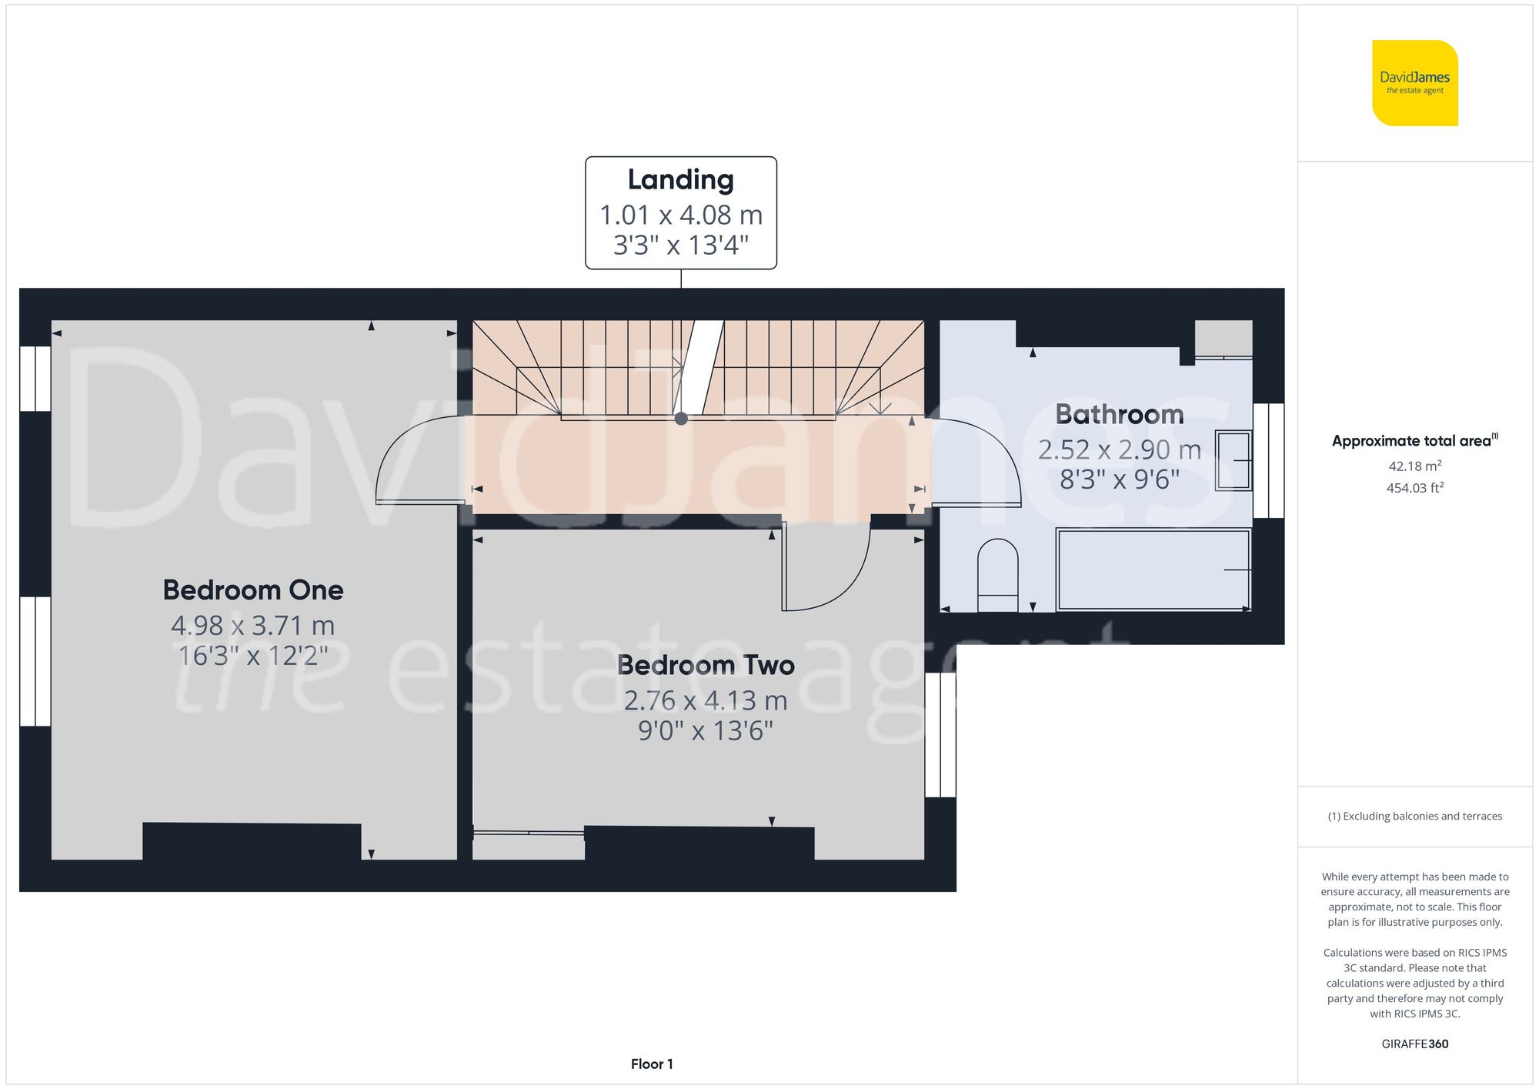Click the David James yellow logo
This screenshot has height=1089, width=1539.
[x=1414, y=83]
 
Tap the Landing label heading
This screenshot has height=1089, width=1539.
[x=680, y=180]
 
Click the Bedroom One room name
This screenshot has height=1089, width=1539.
[x=253, y=590]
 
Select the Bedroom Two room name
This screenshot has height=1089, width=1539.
[x=705, y=665]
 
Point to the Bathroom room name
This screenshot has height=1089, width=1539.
[x=1119, y=414]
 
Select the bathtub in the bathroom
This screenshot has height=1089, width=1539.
[x=1152, y=570]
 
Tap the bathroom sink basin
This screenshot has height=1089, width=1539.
[x=1232, y=460]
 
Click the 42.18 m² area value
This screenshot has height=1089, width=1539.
[x=1414, y=466]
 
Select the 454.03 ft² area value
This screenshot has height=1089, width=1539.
[x=1414, y=488]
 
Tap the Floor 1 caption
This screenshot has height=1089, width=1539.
[x=651, y=1064]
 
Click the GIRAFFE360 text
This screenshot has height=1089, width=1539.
[x=1414, y=1044]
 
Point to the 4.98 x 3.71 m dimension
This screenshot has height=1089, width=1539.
[x=253, y=626]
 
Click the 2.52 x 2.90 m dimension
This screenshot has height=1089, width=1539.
[x=1119, y=449]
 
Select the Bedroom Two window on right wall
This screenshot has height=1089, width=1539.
[x=940, y=735]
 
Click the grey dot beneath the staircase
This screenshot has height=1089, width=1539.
[x=681, y=419]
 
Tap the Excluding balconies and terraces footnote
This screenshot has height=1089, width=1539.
[x=1414, y=817]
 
